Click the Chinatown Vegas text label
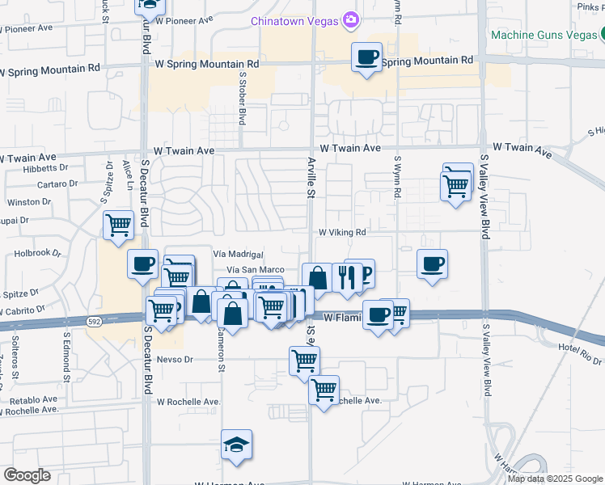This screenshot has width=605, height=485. pyautogui.click(x=295, y=20)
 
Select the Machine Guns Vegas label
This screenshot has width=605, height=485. pyautogui.click(x=542, y=36)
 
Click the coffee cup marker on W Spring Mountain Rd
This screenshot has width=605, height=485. pyautogui.click(x=367, y=57)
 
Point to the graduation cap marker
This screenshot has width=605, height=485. pyautogui.click(x=236, y=445)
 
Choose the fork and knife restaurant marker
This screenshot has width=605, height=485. pyautogui.click(x=345, y=277)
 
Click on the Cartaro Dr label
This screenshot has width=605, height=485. pyautogui.click(x=57, y=183)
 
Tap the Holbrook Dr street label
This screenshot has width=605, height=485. pyautogui.click(x=38, y=252)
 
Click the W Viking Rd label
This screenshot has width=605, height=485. pyautogui.click(x=342, y=232)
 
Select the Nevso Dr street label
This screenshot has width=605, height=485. pyautogui.click(x=176, y=359)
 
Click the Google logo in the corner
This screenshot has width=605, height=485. pyautogui.click(x=27, y=475)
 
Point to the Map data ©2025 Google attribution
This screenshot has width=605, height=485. pyautogui.click(x=555, y=479)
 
